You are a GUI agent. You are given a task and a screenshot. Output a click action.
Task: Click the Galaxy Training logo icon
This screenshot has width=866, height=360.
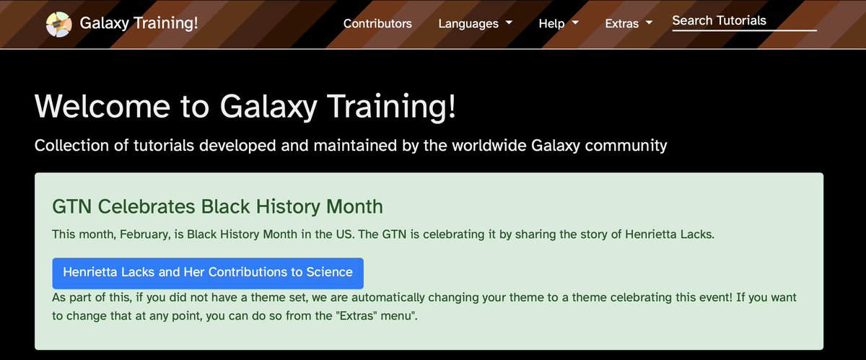coord(58,24)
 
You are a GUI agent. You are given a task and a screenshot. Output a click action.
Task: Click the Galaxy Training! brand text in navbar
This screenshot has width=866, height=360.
coord(139,23)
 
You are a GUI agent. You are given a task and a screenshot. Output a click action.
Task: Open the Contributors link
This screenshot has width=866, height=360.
coord(377,23)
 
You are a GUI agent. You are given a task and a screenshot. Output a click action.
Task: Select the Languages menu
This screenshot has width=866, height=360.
coord(468,23)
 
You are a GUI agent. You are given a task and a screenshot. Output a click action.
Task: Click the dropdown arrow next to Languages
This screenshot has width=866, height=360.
coord(509,22)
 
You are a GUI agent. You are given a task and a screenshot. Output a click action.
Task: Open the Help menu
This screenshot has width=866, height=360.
coord(551,23)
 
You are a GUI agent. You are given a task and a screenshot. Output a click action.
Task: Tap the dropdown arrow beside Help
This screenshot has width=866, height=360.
coord(576,22)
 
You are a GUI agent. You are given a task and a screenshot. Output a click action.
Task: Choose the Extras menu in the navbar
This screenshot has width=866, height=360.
coord(622,23)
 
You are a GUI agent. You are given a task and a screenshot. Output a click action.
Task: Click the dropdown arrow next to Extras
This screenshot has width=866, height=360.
coord(649,22)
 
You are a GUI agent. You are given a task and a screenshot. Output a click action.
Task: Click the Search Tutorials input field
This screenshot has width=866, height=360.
coord(743,21)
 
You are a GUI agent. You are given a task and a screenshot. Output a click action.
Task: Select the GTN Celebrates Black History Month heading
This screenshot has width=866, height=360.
coord(217,206)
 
